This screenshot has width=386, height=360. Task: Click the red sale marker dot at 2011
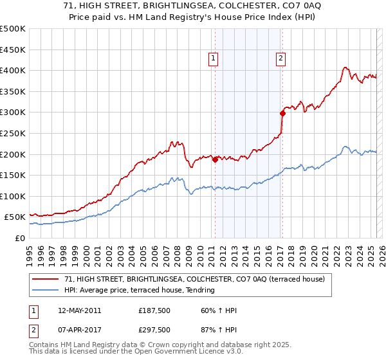pyautogui.click(x=215, y=160)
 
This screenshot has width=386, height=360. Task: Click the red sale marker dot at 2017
pyautogui.click(x=282, y=114)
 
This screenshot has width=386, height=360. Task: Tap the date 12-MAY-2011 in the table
pyautogui.click(x=79, y=310)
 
